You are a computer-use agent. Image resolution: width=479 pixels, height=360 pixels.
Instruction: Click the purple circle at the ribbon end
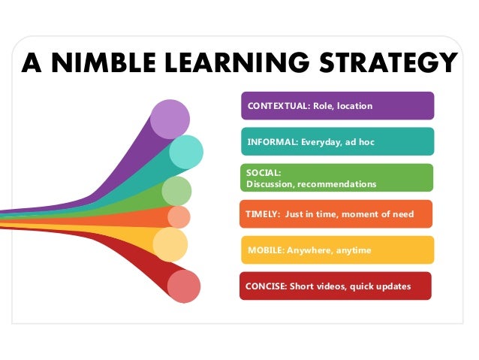[170, 118]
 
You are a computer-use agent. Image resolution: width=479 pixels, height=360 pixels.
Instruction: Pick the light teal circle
[185, 152]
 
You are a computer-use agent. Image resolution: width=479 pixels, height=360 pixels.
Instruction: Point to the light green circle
[176, 191]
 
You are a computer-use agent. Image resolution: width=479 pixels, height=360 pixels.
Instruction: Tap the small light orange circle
[179, 216]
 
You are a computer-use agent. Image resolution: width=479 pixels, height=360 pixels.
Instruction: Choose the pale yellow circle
[170, 244]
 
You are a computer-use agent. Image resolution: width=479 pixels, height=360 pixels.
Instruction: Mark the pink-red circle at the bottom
[183, 286]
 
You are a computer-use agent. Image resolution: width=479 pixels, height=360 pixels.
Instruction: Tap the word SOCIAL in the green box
[261, 173]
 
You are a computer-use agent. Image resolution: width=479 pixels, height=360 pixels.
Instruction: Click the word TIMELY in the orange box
[261, 214]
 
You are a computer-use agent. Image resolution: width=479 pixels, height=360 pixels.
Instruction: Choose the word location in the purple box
[354, 106]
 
